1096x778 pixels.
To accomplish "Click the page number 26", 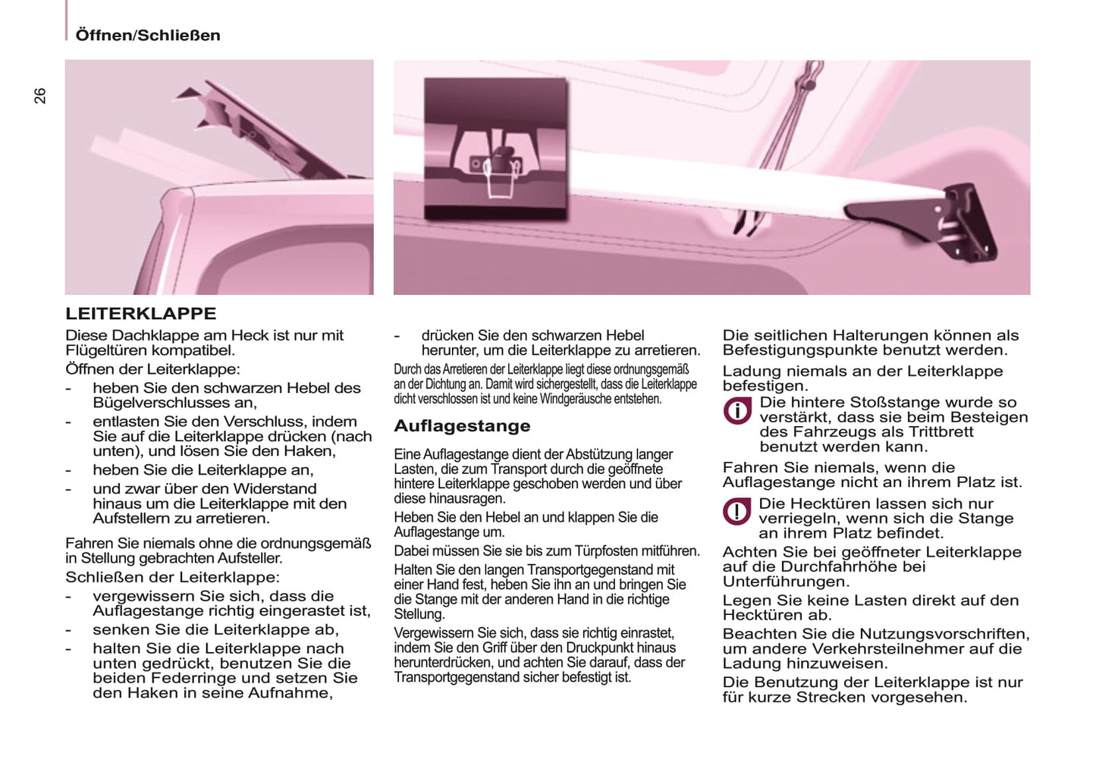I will (x=39, y=96).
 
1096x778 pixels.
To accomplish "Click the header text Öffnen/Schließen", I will (x=148, y=35).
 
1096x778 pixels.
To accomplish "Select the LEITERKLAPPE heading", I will (x=141, y=313).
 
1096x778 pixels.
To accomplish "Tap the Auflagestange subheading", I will (x=462, y=426).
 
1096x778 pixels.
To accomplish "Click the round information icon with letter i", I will (x=736, y=410).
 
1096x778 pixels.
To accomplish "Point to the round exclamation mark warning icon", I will (x=736, y=512).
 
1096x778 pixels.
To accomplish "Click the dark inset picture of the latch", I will (x=495, y=149).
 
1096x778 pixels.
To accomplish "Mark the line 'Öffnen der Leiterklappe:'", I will (x=152, y=369).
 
